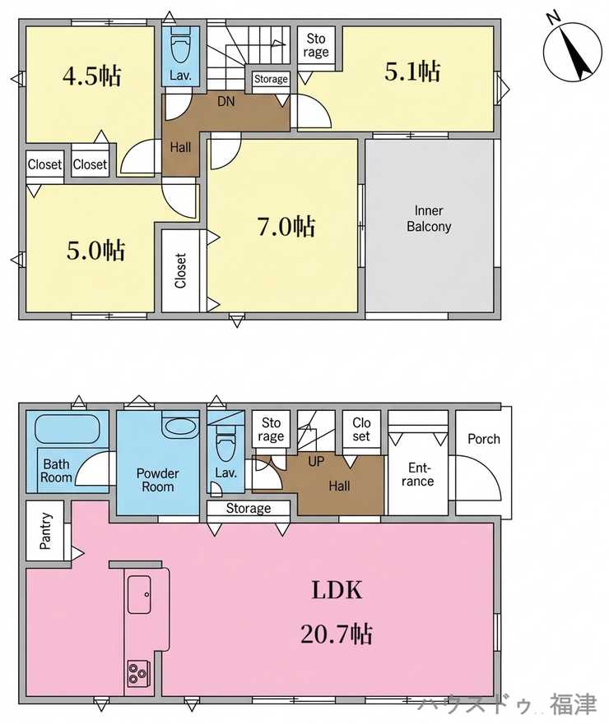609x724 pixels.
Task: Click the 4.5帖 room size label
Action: click(x=92, y=76)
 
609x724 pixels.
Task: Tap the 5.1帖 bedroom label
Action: click(x=412, y=71)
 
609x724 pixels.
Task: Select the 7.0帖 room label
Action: click(x=286, y=226)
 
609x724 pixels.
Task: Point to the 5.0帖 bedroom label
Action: click(x=95, y=251)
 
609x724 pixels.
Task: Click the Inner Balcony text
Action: click(x=429, y=219)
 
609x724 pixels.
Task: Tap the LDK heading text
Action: click(x=337, y=590)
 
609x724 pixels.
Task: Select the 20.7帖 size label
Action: click(x=337, y=634)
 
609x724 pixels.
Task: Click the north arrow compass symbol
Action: click(x=573, y=51)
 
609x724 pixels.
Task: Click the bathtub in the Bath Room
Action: click(x=67, y=430)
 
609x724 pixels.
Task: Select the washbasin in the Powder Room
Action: click(x=181, y=427)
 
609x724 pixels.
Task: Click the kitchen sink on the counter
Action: click(x=139, y=594)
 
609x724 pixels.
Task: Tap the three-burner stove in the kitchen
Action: click(x=139, y=674)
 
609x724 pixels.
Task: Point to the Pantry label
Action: click(x=45, y=531)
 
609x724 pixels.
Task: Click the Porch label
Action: click(x=484, y=439)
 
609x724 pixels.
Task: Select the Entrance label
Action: click(x=417, y=475)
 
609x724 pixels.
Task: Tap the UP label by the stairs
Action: click(x=316, y=461)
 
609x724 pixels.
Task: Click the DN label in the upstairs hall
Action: click(x=226, y=101)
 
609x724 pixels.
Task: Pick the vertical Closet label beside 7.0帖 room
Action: click(x=180, y=270)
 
